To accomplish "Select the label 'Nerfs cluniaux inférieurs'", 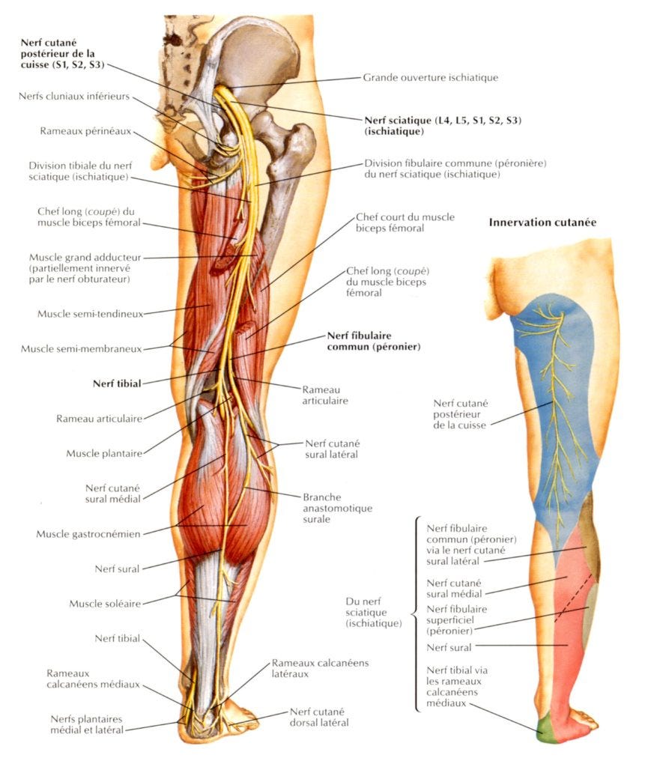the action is (x=75, y=96).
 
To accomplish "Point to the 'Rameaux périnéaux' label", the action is (x=86, y=131).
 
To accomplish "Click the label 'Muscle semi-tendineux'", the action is (x=90, y=313).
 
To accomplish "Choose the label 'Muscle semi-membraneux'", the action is (x=82, y=348).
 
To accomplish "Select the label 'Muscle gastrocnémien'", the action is (x=88, y=534).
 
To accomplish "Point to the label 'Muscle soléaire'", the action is (x=105, y=603).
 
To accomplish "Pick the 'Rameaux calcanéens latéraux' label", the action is (x=320, y=668).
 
